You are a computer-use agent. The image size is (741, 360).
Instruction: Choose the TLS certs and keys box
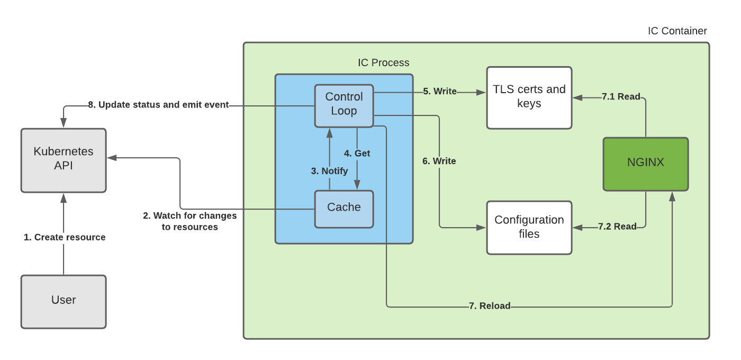(529, 97)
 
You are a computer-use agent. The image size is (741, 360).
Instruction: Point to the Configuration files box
(529, 227)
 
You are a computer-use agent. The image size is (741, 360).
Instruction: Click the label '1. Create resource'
(65, 237)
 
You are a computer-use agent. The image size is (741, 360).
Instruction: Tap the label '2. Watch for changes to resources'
(189, 221)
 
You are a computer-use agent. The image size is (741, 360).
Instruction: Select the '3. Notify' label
(329, 171)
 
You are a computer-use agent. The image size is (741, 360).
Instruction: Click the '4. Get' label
(357, 154)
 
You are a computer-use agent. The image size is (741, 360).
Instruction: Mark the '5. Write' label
(440, 92)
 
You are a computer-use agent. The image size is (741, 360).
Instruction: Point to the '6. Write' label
(439, 161)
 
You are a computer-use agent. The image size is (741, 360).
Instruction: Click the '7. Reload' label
(490, 306)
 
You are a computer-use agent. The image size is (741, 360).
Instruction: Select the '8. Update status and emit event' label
(158, 105)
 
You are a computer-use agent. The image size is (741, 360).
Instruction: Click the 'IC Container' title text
(677, 31)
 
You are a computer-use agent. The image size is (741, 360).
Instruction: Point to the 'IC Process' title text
(383, 62)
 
